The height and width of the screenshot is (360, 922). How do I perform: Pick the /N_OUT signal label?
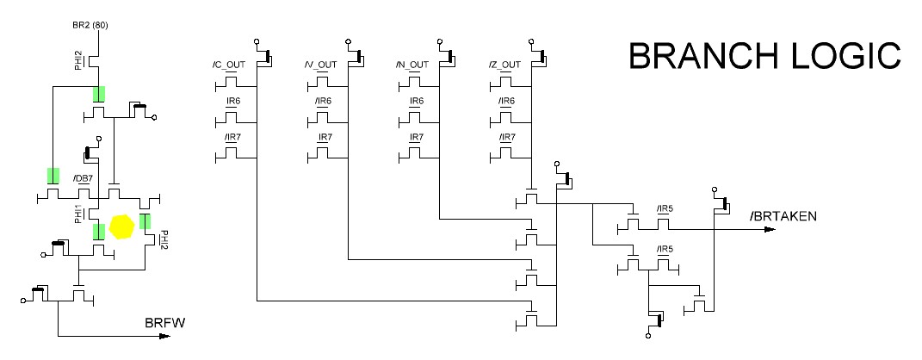pos(411,65)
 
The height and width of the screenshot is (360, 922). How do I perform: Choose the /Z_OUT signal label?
pos(504,65)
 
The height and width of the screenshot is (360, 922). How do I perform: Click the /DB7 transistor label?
pos(83,179)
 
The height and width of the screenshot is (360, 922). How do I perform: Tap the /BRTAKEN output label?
pos(783,215)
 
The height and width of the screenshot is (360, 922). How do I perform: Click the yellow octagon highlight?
pos(123,227)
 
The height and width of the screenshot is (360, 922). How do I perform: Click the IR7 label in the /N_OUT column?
pos(417,138)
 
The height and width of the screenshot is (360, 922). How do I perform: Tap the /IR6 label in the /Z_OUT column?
pos(506,102)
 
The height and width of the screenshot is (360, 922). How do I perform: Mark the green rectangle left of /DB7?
pos(53,177)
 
